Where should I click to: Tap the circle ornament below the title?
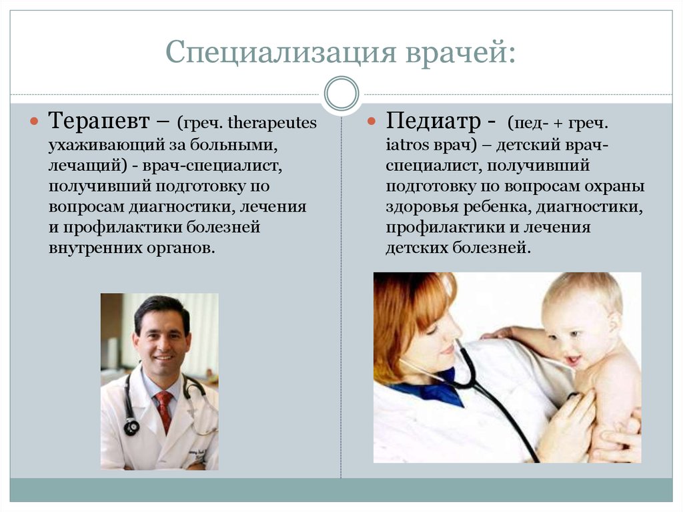(341, 93)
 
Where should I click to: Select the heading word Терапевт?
(99, 120)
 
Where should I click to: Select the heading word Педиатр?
(433, 121)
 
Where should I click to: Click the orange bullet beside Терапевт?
(35, 121)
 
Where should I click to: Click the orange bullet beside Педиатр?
(371, 121)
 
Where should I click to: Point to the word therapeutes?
(272, 123)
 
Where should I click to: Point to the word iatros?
(408, 144)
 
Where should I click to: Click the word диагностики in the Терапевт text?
(181, 206)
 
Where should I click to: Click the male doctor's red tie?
(164, 410)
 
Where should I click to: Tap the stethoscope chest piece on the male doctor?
(131, 427)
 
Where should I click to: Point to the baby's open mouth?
(572, 360)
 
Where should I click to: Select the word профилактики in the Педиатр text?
(440, 228)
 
